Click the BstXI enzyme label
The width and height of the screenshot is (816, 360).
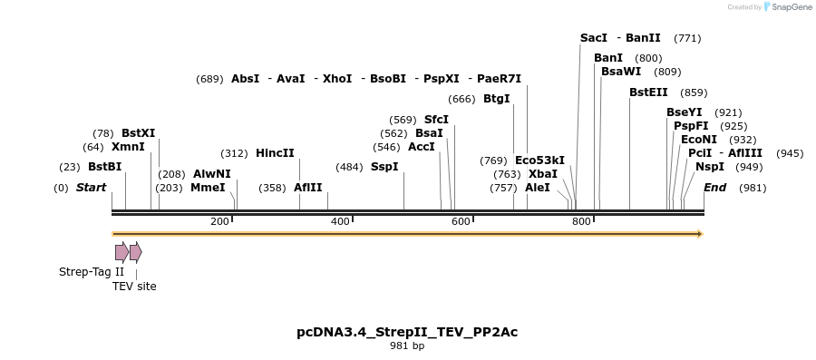(x=138, y=133)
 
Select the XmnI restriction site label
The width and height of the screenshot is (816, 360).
(x=128, y=147)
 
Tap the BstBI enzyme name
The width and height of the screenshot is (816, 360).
(x=104, y=167)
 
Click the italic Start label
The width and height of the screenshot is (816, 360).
(x=91, y=188)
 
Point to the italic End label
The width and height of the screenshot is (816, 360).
(x=714, y=188)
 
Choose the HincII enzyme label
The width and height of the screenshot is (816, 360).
(x=275, y=153)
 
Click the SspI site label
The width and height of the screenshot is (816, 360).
(x=384, y=167)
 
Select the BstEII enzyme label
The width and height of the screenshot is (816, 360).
(x=648, y=92)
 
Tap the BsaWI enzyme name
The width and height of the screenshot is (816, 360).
(x=621, y=72)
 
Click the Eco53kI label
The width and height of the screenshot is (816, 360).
(x=539, y=161)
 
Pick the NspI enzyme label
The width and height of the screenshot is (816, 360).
(x=710, y=167)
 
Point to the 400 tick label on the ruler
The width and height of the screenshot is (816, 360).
(x=340, y=222)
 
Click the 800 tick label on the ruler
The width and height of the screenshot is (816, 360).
(x=581, y=222)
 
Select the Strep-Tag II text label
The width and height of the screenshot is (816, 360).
(x=92, y=272)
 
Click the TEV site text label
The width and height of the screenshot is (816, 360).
(x=134, y=287)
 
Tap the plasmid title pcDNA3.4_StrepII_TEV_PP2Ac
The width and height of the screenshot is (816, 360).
(x=407, y=332)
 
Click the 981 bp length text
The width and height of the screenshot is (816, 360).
(x=407, y=346)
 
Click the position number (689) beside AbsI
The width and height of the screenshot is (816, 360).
(x=209, y=79)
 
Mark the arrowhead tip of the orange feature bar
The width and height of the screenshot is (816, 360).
(x=701, y=234)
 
